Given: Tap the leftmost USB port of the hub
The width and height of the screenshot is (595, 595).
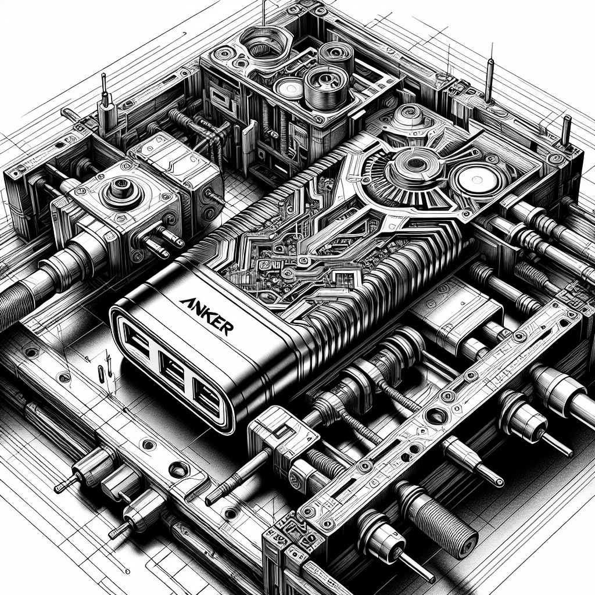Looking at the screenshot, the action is [136, 341].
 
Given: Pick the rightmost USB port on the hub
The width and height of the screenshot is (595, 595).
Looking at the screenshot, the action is [207, 399].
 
